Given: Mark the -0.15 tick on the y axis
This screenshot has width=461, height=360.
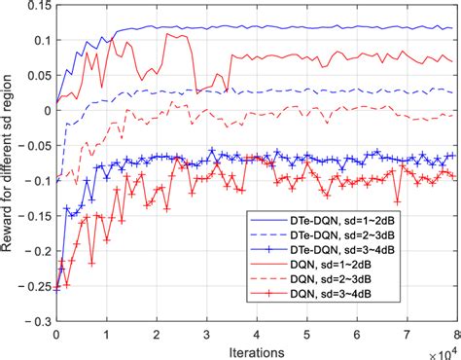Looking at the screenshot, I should click(37, 216).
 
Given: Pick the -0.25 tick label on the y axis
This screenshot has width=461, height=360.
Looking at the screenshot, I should click(37, 287).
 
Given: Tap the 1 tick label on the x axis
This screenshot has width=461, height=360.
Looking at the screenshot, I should click(106, 334).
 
